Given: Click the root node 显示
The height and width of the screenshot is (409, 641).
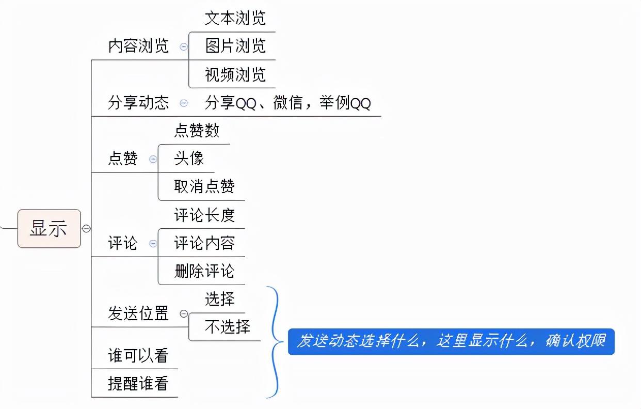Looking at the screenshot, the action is click(x=49, y=228).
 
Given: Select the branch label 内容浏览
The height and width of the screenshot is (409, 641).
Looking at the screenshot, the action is click(x=138, y=46).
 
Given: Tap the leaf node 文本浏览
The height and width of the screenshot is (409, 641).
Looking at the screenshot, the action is click(x=235, y=18).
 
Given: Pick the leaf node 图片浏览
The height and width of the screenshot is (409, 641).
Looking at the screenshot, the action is click(x=235, y=46).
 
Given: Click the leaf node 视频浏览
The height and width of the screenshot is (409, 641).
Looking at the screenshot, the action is click(x=235, y=75).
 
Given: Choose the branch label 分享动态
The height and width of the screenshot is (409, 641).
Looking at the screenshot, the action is click(x=138, y=103).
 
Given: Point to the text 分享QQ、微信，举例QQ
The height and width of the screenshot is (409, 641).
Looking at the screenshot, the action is click(x=287, y=103).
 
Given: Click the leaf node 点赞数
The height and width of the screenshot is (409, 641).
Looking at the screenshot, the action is click(x=197, y=131).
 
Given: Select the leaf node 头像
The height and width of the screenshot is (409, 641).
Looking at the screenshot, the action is click(x=189, y=159).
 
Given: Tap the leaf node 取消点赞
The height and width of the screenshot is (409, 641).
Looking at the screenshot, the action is click(x=204, y=186).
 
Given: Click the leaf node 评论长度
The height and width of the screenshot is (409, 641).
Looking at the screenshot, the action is click(x=204, y=215).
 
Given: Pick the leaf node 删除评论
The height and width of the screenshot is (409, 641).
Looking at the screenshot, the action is click(x=204, y=271).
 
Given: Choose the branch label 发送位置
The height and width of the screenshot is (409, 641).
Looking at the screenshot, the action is click(x=138, y=313).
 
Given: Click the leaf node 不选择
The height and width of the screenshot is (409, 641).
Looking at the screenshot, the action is click(x=227, y=327).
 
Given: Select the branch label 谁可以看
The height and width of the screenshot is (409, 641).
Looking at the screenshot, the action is click(x=138, y=355).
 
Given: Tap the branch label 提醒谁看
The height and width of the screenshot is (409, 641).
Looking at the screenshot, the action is click(x=138, y=384).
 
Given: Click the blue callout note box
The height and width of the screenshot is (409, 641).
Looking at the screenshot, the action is click(x=451, y=341).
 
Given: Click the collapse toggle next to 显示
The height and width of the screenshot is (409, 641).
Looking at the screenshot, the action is click(x=86, y=228).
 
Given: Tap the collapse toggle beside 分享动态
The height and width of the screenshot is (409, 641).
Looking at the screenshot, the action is click(x=184, y=103).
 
